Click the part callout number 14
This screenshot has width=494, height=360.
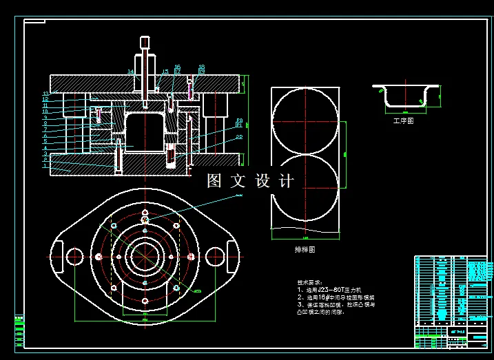coord(130,71)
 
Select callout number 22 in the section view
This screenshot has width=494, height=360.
coord(239,137)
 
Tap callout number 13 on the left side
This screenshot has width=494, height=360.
coord(45,94)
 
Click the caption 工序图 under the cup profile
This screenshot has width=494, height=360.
coord(403,120)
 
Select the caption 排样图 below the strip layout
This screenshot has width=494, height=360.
coord(305,250)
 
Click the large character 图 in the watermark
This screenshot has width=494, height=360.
coord(216,181)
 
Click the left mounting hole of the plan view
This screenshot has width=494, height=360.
coord(74,255)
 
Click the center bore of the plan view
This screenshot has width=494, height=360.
coord(145,255)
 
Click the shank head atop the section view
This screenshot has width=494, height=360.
coord(145,42)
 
